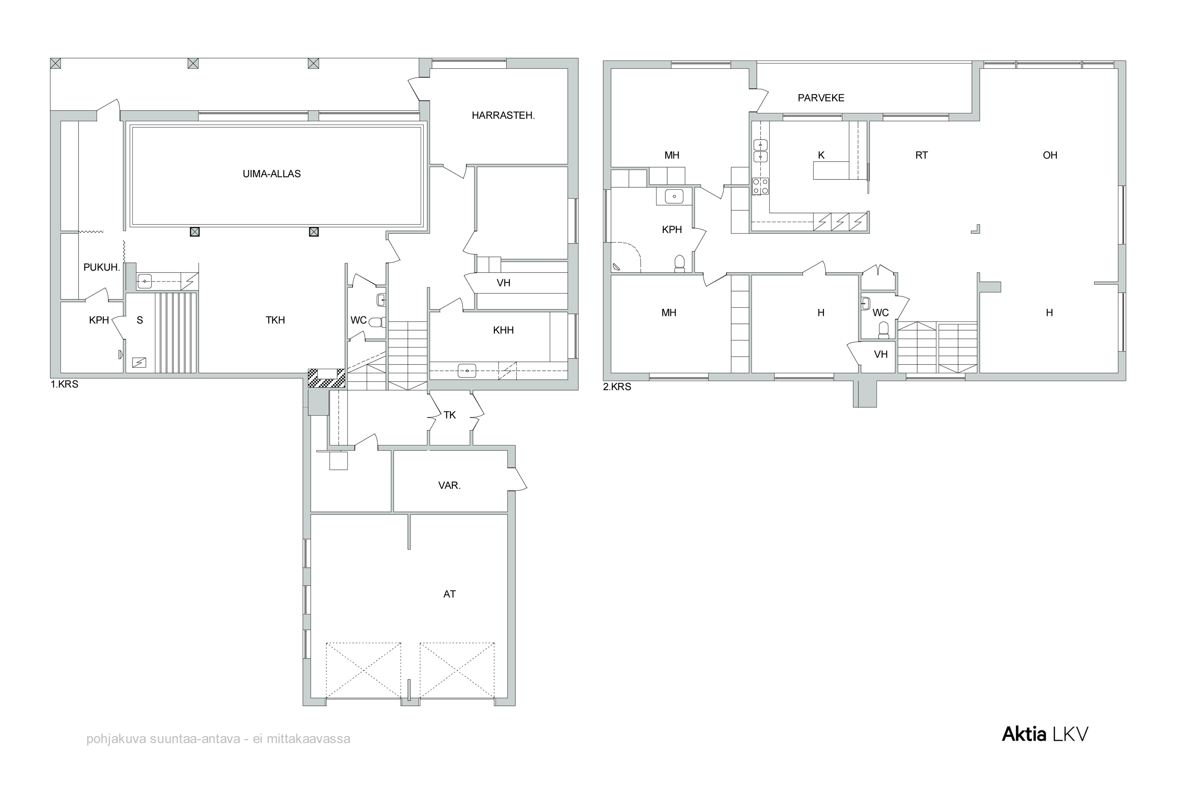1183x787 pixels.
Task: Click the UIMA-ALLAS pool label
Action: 271,174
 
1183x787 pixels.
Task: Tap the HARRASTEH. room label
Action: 503,116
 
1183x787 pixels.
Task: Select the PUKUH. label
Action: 102,267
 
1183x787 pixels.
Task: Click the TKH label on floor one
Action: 275,320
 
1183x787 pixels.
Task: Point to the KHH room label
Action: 503,330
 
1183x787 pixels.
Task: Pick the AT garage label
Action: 450,594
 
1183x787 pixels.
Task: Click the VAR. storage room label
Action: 450,486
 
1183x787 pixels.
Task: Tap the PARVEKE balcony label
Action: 821,98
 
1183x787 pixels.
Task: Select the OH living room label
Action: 1050,155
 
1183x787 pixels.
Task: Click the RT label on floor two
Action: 922,155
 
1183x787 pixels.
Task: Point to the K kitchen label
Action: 821,155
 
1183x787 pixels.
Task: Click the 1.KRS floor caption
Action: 65,385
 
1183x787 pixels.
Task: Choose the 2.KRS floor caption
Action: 617,387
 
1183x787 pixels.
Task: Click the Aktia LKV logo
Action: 1045,734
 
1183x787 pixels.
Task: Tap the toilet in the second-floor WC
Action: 883,329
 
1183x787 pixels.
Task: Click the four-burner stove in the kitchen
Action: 761,186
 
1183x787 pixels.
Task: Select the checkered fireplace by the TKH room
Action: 327,378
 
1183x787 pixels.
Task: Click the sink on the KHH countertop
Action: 467,372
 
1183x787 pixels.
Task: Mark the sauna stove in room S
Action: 139,363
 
